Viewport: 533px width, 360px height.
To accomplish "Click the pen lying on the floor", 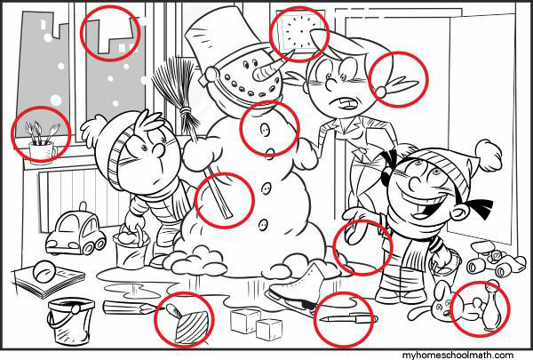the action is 349,319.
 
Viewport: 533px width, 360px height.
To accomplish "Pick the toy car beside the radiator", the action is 76,232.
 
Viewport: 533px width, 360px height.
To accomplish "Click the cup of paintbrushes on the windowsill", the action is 42,143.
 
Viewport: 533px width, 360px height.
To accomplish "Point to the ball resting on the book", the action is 44,271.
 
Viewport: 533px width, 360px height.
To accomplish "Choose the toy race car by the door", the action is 496,258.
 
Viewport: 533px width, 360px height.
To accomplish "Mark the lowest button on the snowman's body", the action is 263,224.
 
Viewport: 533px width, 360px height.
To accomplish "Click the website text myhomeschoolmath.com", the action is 457,356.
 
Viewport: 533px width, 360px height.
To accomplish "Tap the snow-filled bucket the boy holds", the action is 131,249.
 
